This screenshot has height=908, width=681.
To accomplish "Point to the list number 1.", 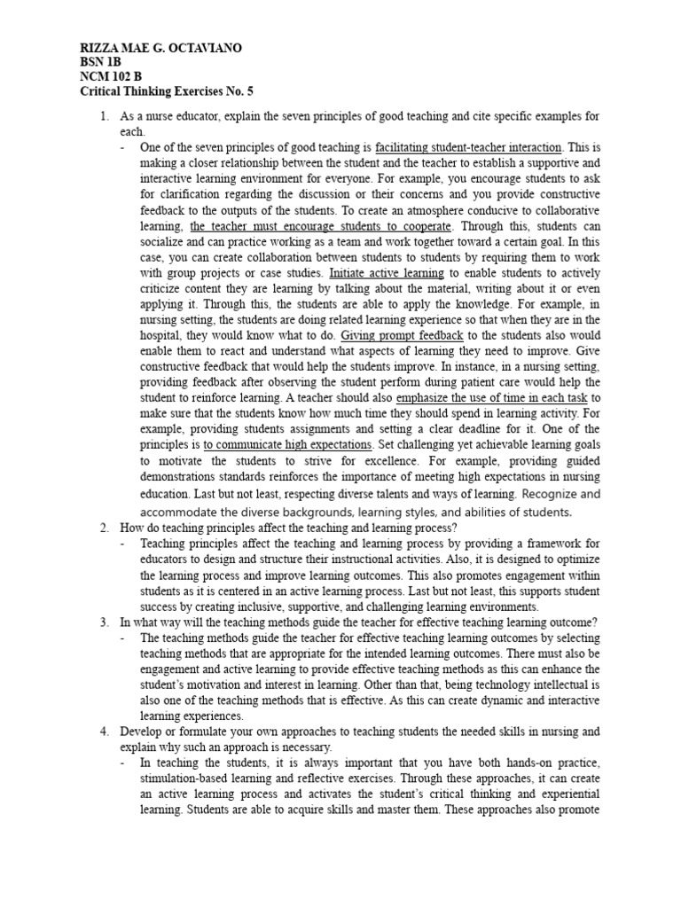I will (x=104, y=116).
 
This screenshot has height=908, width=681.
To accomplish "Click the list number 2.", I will (x=104, y=528).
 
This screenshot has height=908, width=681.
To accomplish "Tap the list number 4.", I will (x=104, y=732).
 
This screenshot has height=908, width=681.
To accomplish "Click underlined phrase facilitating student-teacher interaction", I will (x=468, y=147).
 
